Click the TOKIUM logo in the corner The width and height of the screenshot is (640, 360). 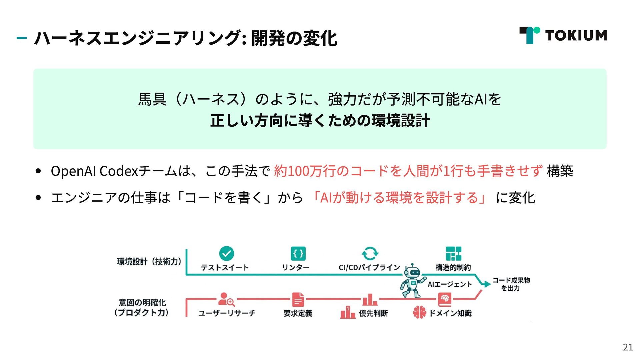[563, 35]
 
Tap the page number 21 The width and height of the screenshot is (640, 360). [628, 347]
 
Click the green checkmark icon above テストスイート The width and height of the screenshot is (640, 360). [227, 253]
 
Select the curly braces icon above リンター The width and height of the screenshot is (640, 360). [298, 254]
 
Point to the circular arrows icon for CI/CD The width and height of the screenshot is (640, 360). [370, 253]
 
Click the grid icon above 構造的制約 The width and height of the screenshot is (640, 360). [453, 253]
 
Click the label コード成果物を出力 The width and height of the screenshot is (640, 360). [511, 284]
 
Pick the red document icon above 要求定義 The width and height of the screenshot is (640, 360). [298, 299]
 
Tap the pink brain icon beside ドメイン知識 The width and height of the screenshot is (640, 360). [419, 312]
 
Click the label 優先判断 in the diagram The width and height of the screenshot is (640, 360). [373, 313]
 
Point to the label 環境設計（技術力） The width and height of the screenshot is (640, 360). [149, 262]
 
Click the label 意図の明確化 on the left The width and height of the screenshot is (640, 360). [142, 303]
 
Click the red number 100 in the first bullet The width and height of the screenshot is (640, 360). [298, 171]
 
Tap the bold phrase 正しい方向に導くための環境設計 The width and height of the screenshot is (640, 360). [320, 121]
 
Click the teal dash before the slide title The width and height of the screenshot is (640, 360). [22, 38]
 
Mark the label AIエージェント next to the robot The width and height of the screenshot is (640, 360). [450, 284]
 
